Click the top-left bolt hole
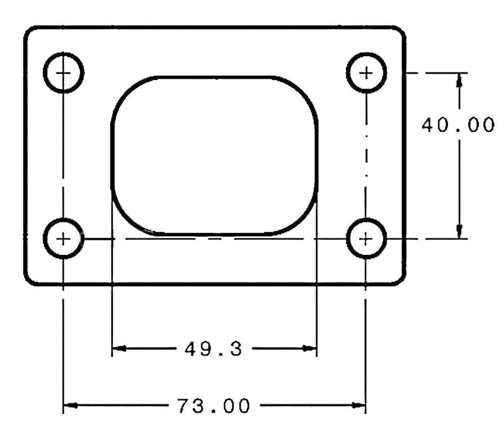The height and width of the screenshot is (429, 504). (64, 73)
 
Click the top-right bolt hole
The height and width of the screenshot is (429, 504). (366, 73)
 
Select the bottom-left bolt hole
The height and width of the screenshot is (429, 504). (64, 238)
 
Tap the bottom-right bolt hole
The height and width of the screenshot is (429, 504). (366, 238)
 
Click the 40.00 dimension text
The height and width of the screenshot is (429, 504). (458, 125)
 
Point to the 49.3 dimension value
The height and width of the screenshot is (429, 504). (214, 348)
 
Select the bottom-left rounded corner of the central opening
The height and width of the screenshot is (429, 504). (126, 221)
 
